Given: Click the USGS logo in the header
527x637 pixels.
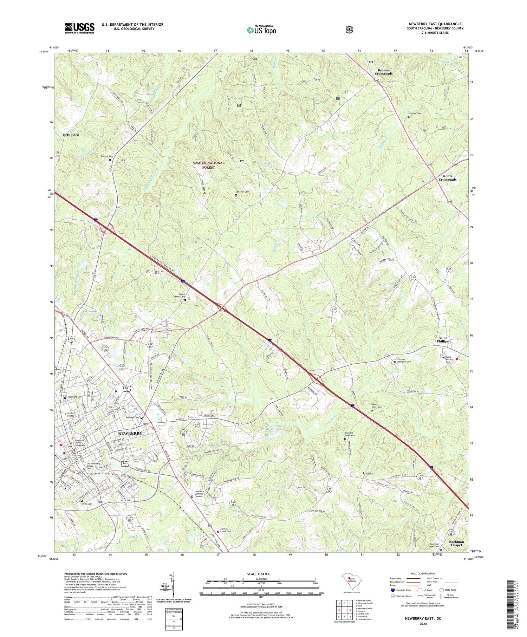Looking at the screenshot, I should pyautogui.click(x=79, y=28).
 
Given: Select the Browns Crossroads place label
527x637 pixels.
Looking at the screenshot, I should pyautogui.click(x=384, y=72).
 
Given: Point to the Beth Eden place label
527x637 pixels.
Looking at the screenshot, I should pyautogui.click(x=71, y=135).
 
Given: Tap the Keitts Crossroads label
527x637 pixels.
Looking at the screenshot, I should pyautogui.click(x=447, y=178).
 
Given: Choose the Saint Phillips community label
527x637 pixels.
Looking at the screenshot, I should pyautogui.click(x=443, y=339).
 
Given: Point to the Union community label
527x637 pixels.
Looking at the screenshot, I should pyautogui.click(x=367, y=474).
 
